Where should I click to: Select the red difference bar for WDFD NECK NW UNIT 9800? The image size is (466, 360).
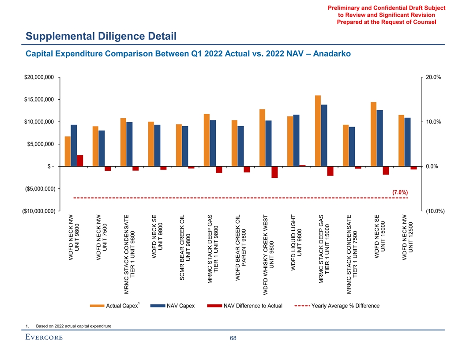coord(80,161)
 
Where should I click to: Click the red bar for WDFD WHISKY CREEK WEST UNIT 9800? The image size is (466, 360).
coord(274,172)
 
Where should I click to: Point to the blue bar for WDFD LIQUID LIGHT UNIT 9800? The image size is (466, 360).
coord(296,140)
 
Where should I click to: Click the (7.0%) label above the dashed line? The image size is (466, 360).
coord(399,192)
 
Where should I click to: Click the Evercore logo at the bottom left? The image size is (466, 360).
coord(44,338)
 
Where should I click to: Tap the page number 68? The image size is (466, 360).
coord(233,338)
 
